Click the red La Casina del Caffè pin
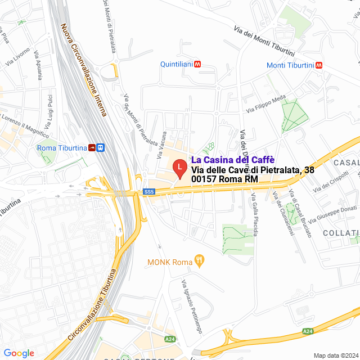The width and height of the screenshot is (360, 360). pyautogui.click(x=179, y=168)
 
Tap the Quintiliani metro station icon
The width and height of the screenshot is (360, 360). pyautogui.click(x=197, y=65)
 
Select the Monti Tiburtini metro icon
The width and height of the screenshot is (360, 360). pyautogui.click(x=319, y=65)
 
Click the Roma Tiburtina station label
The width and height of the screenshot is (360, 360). pyautogui.click(x=61, y=148)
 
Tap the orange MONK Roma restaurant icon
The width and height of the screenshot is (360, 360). pyautogui.click(x=200, y=260)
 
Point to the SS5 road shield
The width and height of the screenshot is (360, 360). pyautogui.click(x=148, y=192)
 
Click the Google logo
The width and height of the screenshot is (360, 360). pyautogui.click(x=19, y=353)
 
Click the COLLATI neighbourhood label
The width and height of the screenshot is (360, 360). pyautogui.click(x=341, y=233)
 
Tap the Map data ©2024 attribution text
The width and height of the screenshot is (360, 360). pyautogui.click(x=335, y=355)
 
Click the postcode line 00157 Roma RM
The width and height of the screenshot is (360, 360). pyautogui.click(x=224, y=179)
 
